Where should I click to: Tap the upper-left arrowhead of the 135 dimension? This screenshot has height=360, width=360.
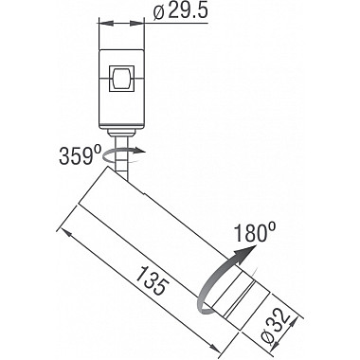[65, 230]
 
